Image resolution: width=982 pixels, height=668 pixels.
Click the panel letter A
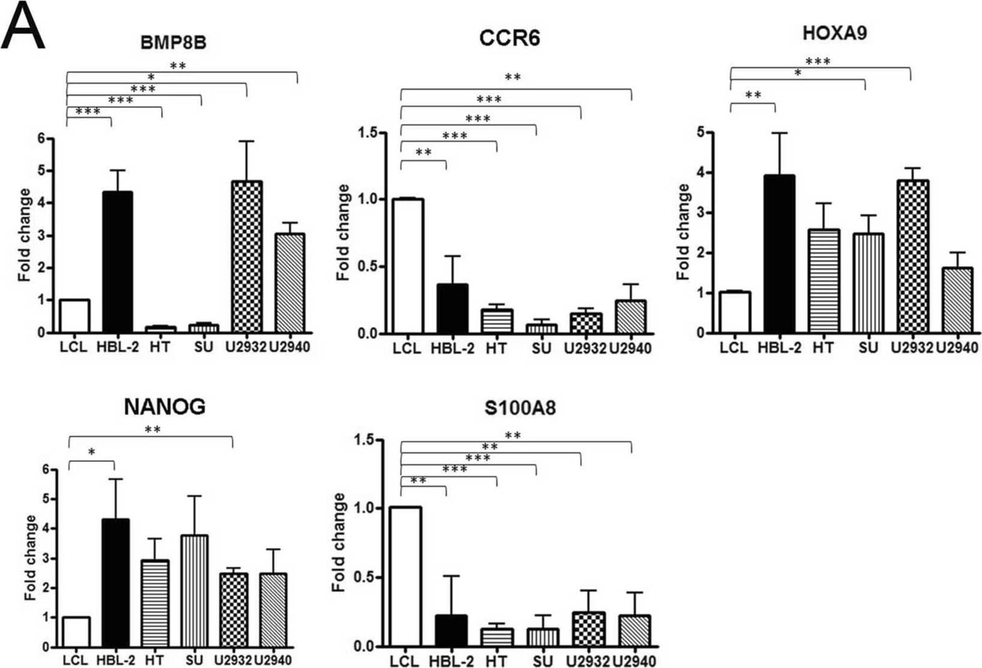point(23,26)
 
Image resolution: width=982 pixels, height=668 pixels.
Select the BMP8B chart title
point(173,42)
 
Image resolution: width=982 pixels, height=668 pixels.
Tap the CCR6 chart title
point(509,38)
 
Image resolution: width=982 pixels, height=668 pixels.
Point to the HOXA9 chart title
point(834,32)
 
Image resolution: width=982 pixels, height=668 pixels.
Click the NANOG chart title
point(164,407)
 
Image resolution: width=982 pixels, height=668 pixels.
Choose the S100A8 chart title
point(519,408)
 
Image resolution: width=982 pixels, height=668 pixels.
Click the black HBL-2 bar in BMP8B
point(117,262)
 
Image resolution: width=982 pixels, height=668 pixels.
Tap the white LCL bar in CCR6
point(408,266)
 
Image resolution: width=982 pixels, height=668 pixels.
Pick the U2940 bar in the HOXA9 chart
point(956,300)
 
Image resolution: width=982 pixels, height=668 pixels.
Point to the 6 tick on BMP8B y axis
point(41,139)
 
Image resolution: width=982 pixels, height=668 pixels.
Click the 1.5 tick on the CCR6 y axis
point(368,132)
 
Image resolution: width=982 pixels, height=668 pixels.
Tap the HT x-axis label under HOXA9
point(823,348)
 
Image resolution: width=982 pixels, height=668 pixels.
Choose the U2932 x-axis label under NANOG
point(233,659)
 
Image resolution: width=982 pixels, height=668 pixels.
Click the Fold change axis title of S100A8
point(339,542)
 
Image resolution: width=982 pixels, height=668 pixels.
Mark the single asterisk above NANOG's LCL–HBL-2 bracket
point(92,451)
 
